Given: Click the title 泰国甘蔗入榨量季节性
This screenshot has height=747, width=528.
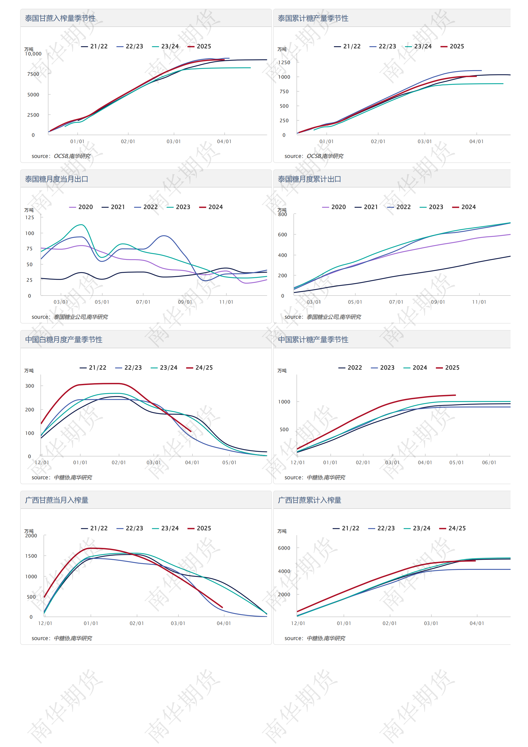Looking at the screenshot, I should click(x=60, y=18).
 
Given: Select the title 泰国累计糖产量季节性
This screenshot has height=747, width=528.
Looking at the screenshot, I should click(x=313, y=18).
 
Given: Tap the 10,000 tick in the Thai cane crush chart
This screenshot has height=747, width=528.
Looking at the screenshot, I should click(x=33, y=54).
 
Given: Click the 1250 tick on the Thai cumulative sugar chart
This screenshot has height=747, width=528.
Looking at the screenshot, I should click(x=284, y=63).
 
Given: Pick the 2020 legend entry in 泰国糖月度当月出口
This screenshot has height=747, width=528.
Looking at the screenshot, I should click(x=81, y=207).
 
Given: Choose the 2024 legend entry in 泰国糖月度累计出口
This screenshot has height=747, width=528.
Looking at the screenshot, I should click(x=464, y=207).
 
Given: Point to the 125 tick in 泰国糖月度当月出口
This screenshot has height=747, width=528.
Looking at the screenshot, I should click(x=30, y=217).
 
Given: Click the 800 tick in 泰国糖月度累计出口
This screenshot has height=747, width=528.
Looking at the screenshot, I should click(x=283, y=214).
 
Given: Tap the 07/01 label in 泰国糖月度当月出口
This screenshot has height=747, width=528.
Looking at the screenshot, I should click(x=143, y=302).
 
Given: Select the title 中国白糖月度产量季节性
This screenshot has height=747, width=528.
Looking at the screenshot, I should click(x=64, y=340).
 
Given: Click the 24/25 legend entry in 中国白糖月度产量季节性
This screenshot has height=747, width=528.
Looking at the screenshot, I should click(x=199, y=368).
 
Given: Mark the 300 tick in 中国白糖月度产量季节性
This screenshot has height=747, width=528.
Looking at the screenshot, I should click(x=30, y=386).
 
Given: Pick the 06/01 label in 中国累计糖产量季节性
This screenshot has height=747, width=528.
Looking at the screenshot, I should click(x=489, y=463).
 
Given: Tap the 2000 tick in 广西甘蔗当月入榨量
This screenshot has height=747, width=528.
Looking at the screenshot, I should click(x=31, y=535).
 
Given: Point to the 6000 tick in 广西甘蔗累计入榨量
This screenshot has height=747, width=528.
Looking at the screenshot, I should click(x=284, y=548).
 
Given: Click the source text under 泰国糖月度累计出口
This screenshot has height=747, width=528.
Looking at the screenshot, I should click(x=322, y=317).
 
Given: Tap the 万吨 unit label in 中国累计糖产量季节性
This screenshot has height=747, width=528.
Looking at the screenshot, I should click(x=282, y=370).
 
